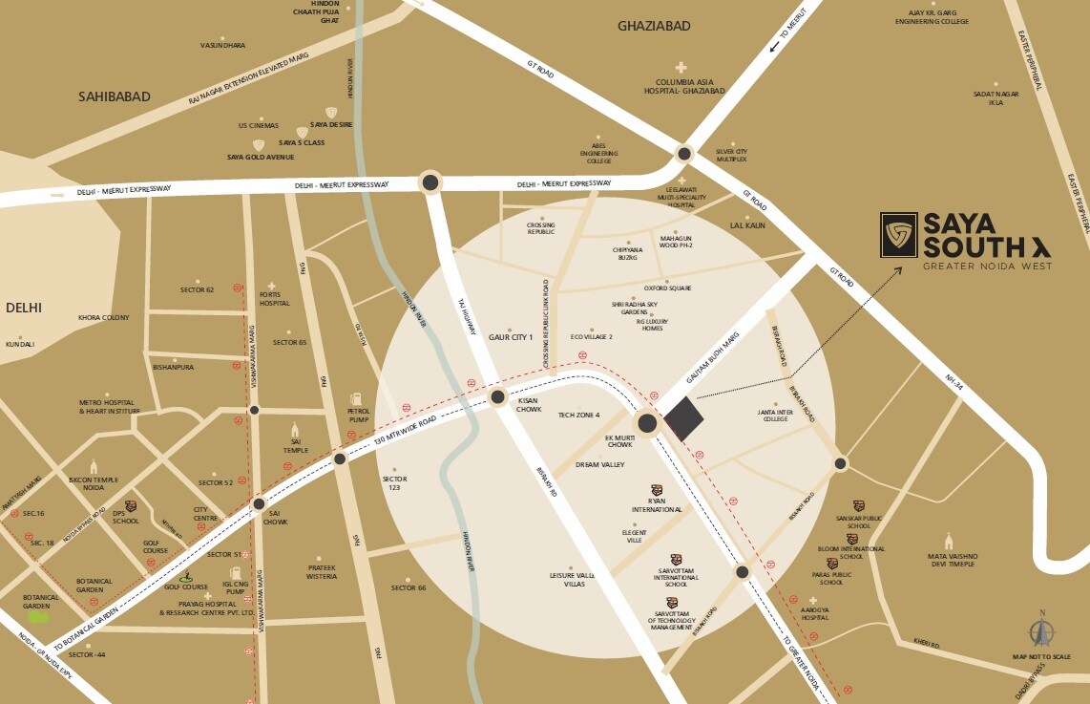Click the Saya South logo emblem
898,235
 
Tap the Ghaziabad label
654,26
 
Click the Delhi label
26,308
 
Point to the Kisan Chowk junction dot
497,398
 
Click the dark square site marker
683,417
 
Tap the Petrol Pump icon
355,398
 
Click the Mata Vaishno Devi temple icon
949,541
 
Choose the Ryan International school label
657,505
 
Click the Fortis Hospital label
273,299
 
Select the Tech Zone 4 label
578,415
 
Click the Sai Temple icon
295,428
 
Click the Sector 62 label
197,289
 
